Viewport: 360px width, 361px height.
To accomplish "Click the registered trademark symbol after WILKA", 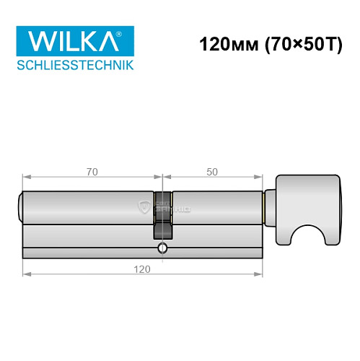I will coord(128,32).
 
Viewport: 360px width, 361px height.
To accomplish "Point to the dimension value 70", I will coord(92,172).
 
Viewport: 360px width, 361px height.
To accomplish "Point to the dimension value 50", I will coord(212,172).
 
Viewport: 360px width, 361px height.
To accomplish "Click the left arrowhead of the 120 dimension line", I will coord(26,274).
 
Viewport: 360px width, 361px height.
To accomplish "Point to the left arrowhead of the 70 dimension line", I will coord(26,178).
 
